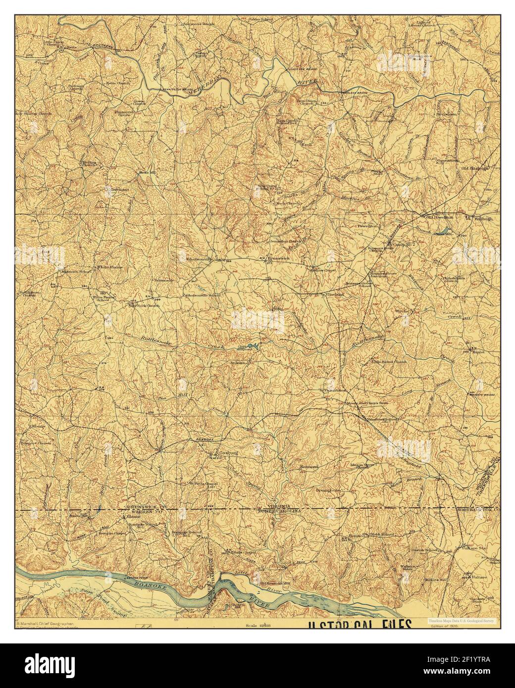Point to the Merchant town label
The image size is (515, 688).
point(119,189)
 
